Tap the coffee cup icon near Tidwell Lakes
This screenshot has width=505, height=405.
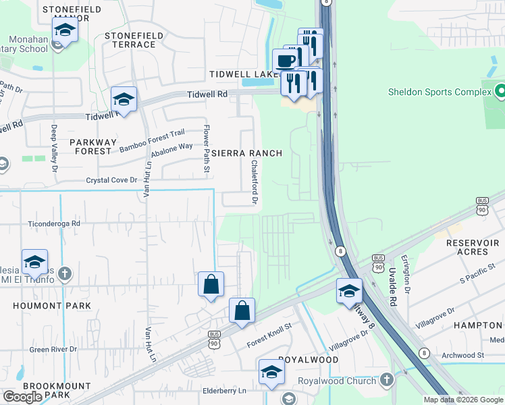(x=285, y=61)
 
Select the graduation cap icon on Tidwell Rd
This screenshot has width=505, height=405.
(x=124, y=100)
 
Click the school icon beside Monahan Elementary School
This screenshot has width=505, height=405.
(x=65, y=30)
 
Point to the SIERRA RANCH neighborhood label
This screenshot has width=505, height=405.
(x=246, y=153)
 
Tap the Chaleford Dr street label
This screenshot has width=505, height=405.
(x=255, y=182)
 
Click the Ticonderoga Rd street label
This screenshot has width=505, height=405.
(x=54, y=223)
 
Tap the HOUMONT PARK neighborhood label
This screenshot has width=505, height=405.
(x=42, y=306)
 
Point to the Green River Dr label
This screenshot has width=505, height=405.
(x=53, y=350)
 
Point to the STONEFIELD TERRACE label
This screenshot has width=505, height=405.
(x=130, y=40)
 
